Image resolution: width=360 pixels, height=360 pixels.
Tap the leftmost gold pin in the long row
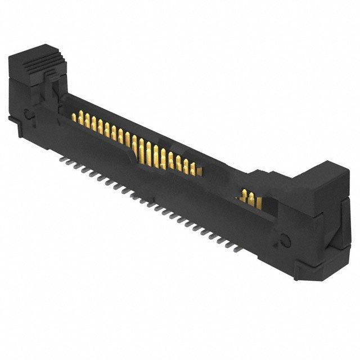point(74,117)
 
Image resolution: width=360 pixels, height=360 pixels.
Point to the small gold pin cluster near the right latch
point(247,198)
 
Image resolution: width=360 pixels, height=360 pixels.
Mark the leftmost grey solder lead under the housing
point(62,159)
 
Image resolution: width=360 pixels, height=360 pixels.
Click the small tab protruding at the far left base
point(12,119)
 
